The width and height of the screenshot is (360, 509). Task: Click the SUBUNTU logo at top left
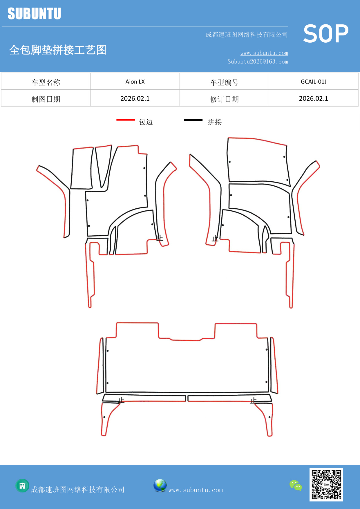(x=34, y=14)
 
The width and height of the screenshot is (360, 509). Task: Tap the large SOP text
(x=326, y=34)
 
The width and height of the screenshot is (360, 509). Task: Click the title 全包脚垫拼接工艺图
(x=58, y=50)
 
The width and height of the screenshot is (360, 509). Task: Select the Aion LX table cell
(x=135, y=82)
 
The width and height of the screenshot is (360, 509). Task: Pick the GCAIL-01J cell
(x=313, y=82)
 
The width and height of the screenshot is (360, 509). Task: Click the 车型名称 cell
(x=46, y=82)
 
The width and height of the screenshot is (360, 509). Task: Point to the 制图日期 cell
(x=46, y=99)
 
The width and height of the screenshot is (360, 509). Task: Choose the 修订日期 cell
(x=224, y=99)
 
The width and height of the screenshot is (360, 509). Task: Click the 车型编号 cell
(x=224, y=82)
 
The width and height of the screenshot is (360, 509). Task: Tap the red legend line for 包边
(x=126, y=120)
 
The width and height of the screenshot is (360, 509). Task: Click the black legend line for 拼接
(x=193, y=120)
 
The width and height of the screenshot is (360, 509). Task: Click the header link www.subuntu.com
(x=264, y=53)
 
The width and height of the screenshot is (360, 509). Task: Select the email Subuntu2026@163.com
(x=258, y=62)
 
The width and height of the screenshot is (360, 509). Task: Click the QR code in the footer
(x=326, y=484)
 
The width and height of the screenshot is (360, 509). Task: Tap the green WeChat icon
(x=296, y=485)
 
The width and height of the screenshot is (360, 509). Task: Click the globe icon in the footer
(x=160, y=485)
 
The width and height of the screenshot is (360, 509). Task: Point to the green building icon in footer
(x=22, y=485)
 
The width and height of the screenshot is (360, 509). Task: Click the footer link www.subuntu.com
(x=196, y=490)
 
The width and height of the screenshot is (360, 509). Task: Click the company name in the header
(x=247, y=35)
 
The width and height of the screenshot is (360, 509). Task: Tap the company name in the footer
(x=77, y=490)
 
